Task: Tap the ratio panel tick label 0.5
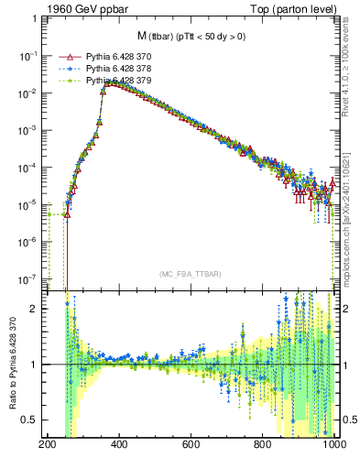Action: click(x=33, y=420)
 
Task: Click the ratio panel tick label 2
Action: click(x=38, y=309)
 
